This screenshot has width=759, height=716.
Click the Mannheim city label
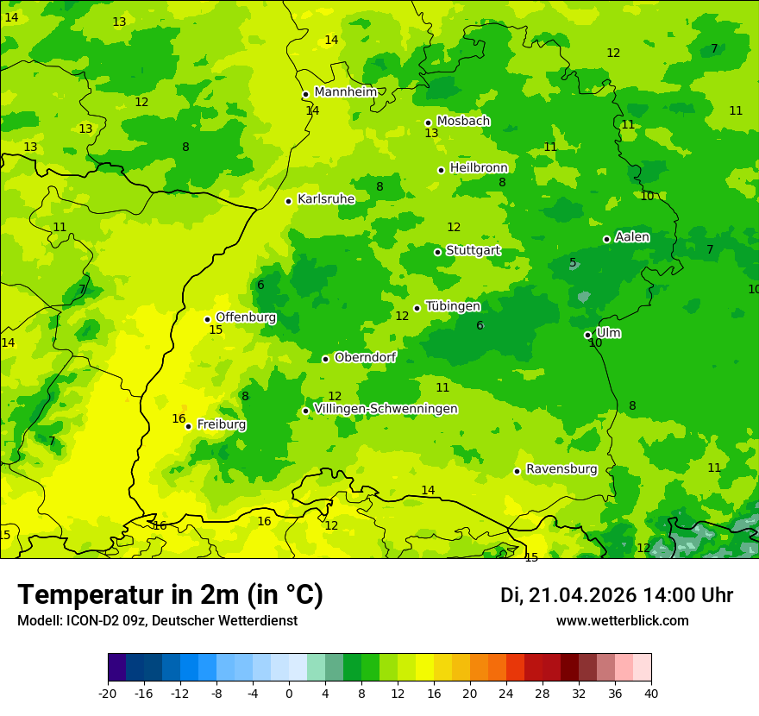point(345,92)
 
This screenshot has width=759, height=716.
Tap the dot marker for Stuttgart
point(438,252)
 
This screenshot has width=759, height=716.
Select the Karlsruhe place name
point(326,199)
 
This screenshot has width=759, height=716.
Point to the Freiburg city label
point(221,424)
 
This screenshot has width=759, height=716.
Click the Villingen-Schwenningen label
point(386,409)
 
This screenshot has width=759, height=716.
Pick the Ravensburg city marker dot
point(517,471)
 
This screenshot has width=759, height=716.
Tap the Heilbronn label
point(479,168)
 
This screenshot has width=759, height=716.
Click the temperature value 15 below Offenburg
point(216,330)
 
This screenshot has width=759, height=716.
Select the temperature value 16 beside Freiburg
point(179,419)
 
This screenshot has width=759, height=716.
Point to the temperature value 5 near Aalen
point(573,263)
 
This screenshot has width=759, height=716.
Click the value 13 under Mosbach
point(431,134)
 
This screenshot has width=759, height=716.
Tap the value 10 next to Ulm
point(595,343)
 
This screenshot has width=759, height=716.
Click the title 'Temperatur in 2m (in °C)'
point(170,595)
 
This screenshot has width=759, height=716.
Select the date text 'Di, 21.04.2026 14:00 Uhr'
point(616,595)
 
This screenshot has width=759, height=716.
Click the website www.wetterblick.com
point(622,621)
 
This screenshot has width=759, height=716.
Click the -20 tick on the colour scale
point(108,694)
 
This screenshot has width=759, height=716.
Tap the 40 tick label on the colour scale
point(651,694)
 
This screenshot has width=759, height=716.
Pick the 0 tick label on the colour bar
point(289,694)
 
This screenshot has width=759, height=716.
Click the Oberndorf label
point(365,357)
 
